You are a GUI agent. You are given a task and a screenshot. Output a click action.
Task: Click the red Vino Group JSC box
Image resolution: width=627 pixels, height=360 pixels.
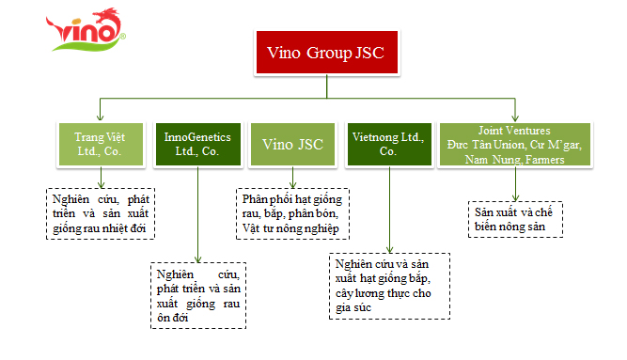point(327,53)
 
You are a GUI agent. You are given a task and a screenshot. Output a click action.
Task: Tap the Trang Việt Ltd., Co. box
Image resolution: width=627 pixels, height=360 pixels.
point(101,145)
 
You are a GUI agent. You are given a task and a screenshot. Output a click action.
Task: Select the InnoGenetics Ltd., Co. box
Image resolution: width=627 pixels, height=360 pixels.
point(198,145)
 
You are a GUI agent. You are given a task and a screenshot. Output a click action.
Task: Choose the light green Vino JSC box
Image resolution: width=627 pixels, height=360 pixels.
point(292,145)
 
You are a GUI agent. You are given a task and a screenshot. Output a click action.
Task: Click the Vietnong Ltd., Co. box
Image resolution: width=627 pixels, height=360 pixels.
point(389,145)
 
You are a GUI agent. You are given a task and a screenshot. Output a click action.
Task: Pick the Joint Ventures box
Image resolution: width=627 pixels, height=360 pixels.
point(515,145)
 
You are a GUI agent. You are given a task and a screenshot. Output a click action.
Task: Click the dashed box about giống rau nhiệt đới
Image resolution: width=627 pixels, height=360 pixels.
point(101,214)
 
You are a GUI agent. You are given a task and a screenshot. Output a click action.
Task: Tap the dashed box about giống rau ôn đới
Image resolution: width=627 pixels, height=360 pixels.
point(198,295)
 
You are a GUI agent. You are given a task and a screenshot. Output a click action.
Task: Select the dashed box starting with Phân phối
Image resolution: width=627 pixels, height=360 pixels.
point(292,214)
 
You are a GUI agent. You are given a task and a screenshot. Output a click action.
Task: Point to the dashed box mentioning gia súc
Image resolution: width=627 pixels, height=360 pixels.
point(389,286)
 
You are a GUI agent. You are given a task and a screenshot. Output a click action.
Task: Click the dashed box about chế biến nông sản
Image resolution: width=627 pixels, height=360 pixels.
point(515,220)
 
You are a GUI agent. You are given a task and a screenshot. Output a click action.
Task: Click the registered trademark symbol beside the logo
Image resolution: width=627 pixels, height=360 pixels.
point(123,37)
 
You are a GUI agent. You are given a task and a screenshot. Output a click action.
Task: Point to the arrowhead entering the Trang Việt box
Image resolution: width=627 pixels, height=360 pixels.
point(100,117)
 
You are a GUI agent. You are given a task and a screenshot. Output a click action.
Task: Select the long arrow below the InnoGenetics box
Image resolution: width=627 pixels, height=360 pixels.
point(198,214)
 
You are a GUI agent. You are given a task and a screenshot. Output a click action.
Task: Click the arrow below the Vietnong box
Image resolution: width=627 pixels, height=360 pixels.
point(389,210)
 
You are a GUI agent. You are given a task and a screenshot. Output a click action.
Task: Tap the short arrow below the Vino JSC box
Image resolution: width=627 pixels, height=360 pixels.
point(292,178)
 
